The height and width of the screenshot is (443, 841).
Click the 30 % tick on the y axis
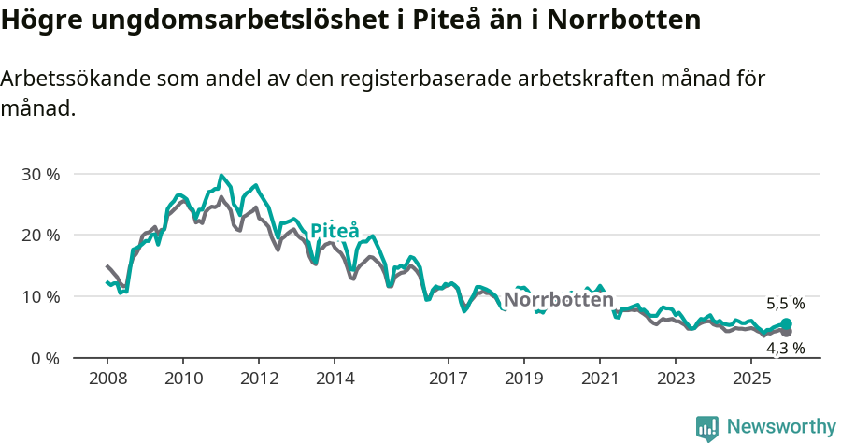pyautogui.click(x=39, y=174)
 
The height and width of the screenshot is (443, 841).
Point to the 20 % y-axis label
pyautogui.click(x=39, y=235)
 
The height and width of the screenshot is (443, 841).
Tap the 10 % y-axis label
pyautogui.click(x=39, y=296)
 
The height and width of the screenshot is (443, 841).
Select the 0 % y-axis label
pyautogui.click(x=44, y=358)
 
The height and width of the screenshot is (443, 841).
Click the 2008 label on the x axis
pyautogui.click(x=107, y=379)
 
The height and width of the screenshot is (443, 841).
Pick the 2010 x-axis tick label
pyautogui.click(x=182, y=379)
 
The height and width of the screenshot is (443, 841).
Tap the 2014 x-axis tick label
pyautogui.click(x=335, y=379)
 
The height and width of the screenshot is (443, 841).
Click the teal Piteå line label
pyautogui.click(x=335, y=231)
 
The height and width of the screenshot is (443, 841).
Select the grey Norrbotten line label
pyautogui.click(x=559, y=300)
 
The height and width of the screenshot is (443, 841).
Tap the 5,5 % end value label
pyautogui.click(x=785, y=304)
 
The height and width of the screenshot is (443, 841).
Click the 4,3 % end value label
pyautogui.click(x=785, y=348)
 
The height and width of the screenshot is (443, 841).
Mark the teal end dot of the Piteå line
pyautogui.click(x=786, y=324)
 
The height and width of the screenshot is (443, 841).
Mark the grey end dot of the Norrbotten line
pyautogui.click(x=786, y=332)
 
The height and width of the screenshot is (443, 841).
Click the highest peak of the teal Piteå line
pyautogui.click(x=221, y=176)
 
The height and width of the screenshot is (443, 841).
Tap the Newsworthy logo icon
pyautogui.click(x=707, y=428)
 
